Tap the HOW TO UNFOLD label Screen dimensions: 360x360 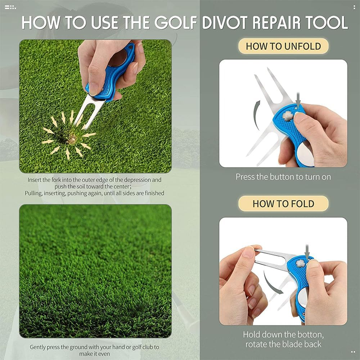(x=283, y=46)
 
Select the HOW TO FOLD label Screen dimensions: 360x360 (x=283, y=203)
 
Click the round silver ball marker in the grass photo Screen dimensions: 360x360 (x=118, y=58)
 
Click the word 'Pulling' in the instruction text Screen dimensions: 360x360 (x=33, y=193)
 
